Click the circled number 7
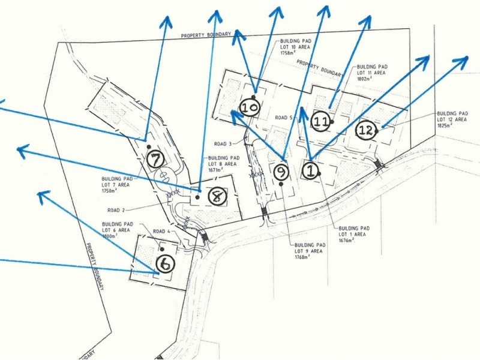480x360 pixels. tap(155, 160)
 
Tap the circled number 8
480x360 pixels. tap(217, 196)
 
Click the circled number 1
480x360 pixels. tap(310, 171)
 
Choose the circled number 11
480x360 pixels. tap(321, 122)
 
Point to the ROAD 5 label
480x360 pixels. tap(283, 118)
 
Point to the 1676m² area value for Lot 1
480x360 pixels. tap(349, 240)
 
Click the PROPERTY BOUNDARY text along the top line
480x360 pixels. tap(206, 35)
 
